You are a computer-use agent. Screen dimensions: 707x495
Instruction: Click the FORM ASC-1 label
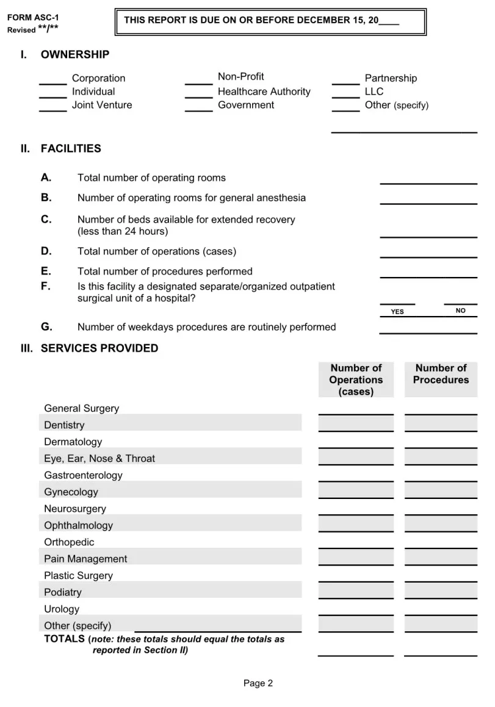(x=33, y=18)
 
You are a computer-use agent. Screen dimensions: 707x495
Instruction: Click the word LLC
(x=374, y=92)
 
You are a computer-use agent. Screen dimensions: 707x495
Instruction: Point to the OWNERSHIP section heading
(x=75, y=55)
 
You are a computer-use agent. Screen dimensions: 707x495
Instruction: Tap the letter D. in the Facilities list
(x=46, y=251)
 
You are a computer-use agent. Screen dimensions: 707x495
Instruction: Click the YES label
(x=397, y=312)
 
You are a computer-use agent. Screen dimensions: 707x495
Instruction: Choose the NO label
(x=460, y=311)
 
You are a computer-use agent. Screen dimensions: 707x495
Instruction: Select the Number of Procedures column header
(x=441, y=374)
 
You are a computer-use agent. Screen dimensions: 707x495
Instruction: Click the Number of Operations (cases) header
(x=356, y=379)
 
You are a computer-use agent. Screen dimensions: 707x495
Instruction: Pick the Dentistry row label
(x=64, y=425)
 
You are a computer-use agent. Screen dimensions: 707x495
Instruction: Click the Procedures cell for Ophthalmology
(x=441, y=524)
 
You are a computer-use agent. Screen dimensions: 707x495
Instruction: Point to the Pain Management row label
(x=85, y=559)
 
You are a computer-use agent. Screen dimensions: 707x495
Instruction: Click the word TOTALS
(x=65, y=639)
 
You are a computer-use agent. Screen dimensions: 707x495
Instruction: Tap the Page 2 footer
(x=258, y=683)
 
